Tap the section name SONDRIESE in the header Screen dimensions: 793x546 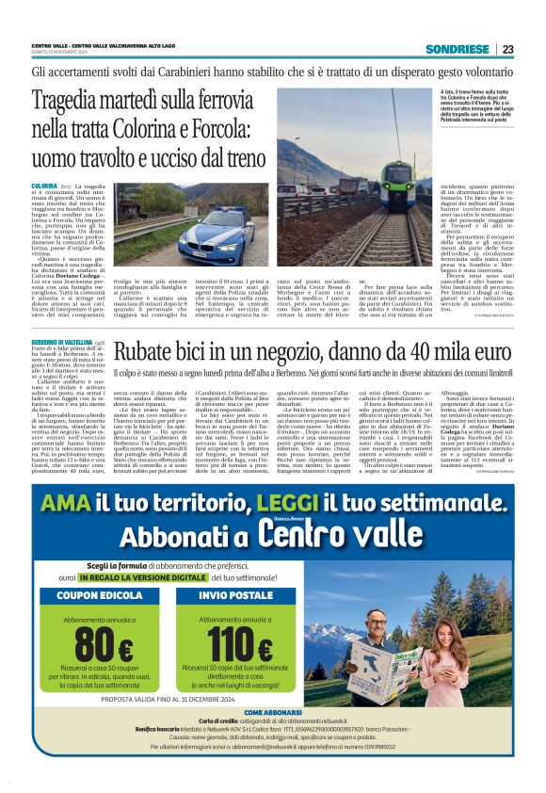(457, 49)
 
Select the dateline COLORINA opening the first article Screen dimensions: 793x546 (44, 187)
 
